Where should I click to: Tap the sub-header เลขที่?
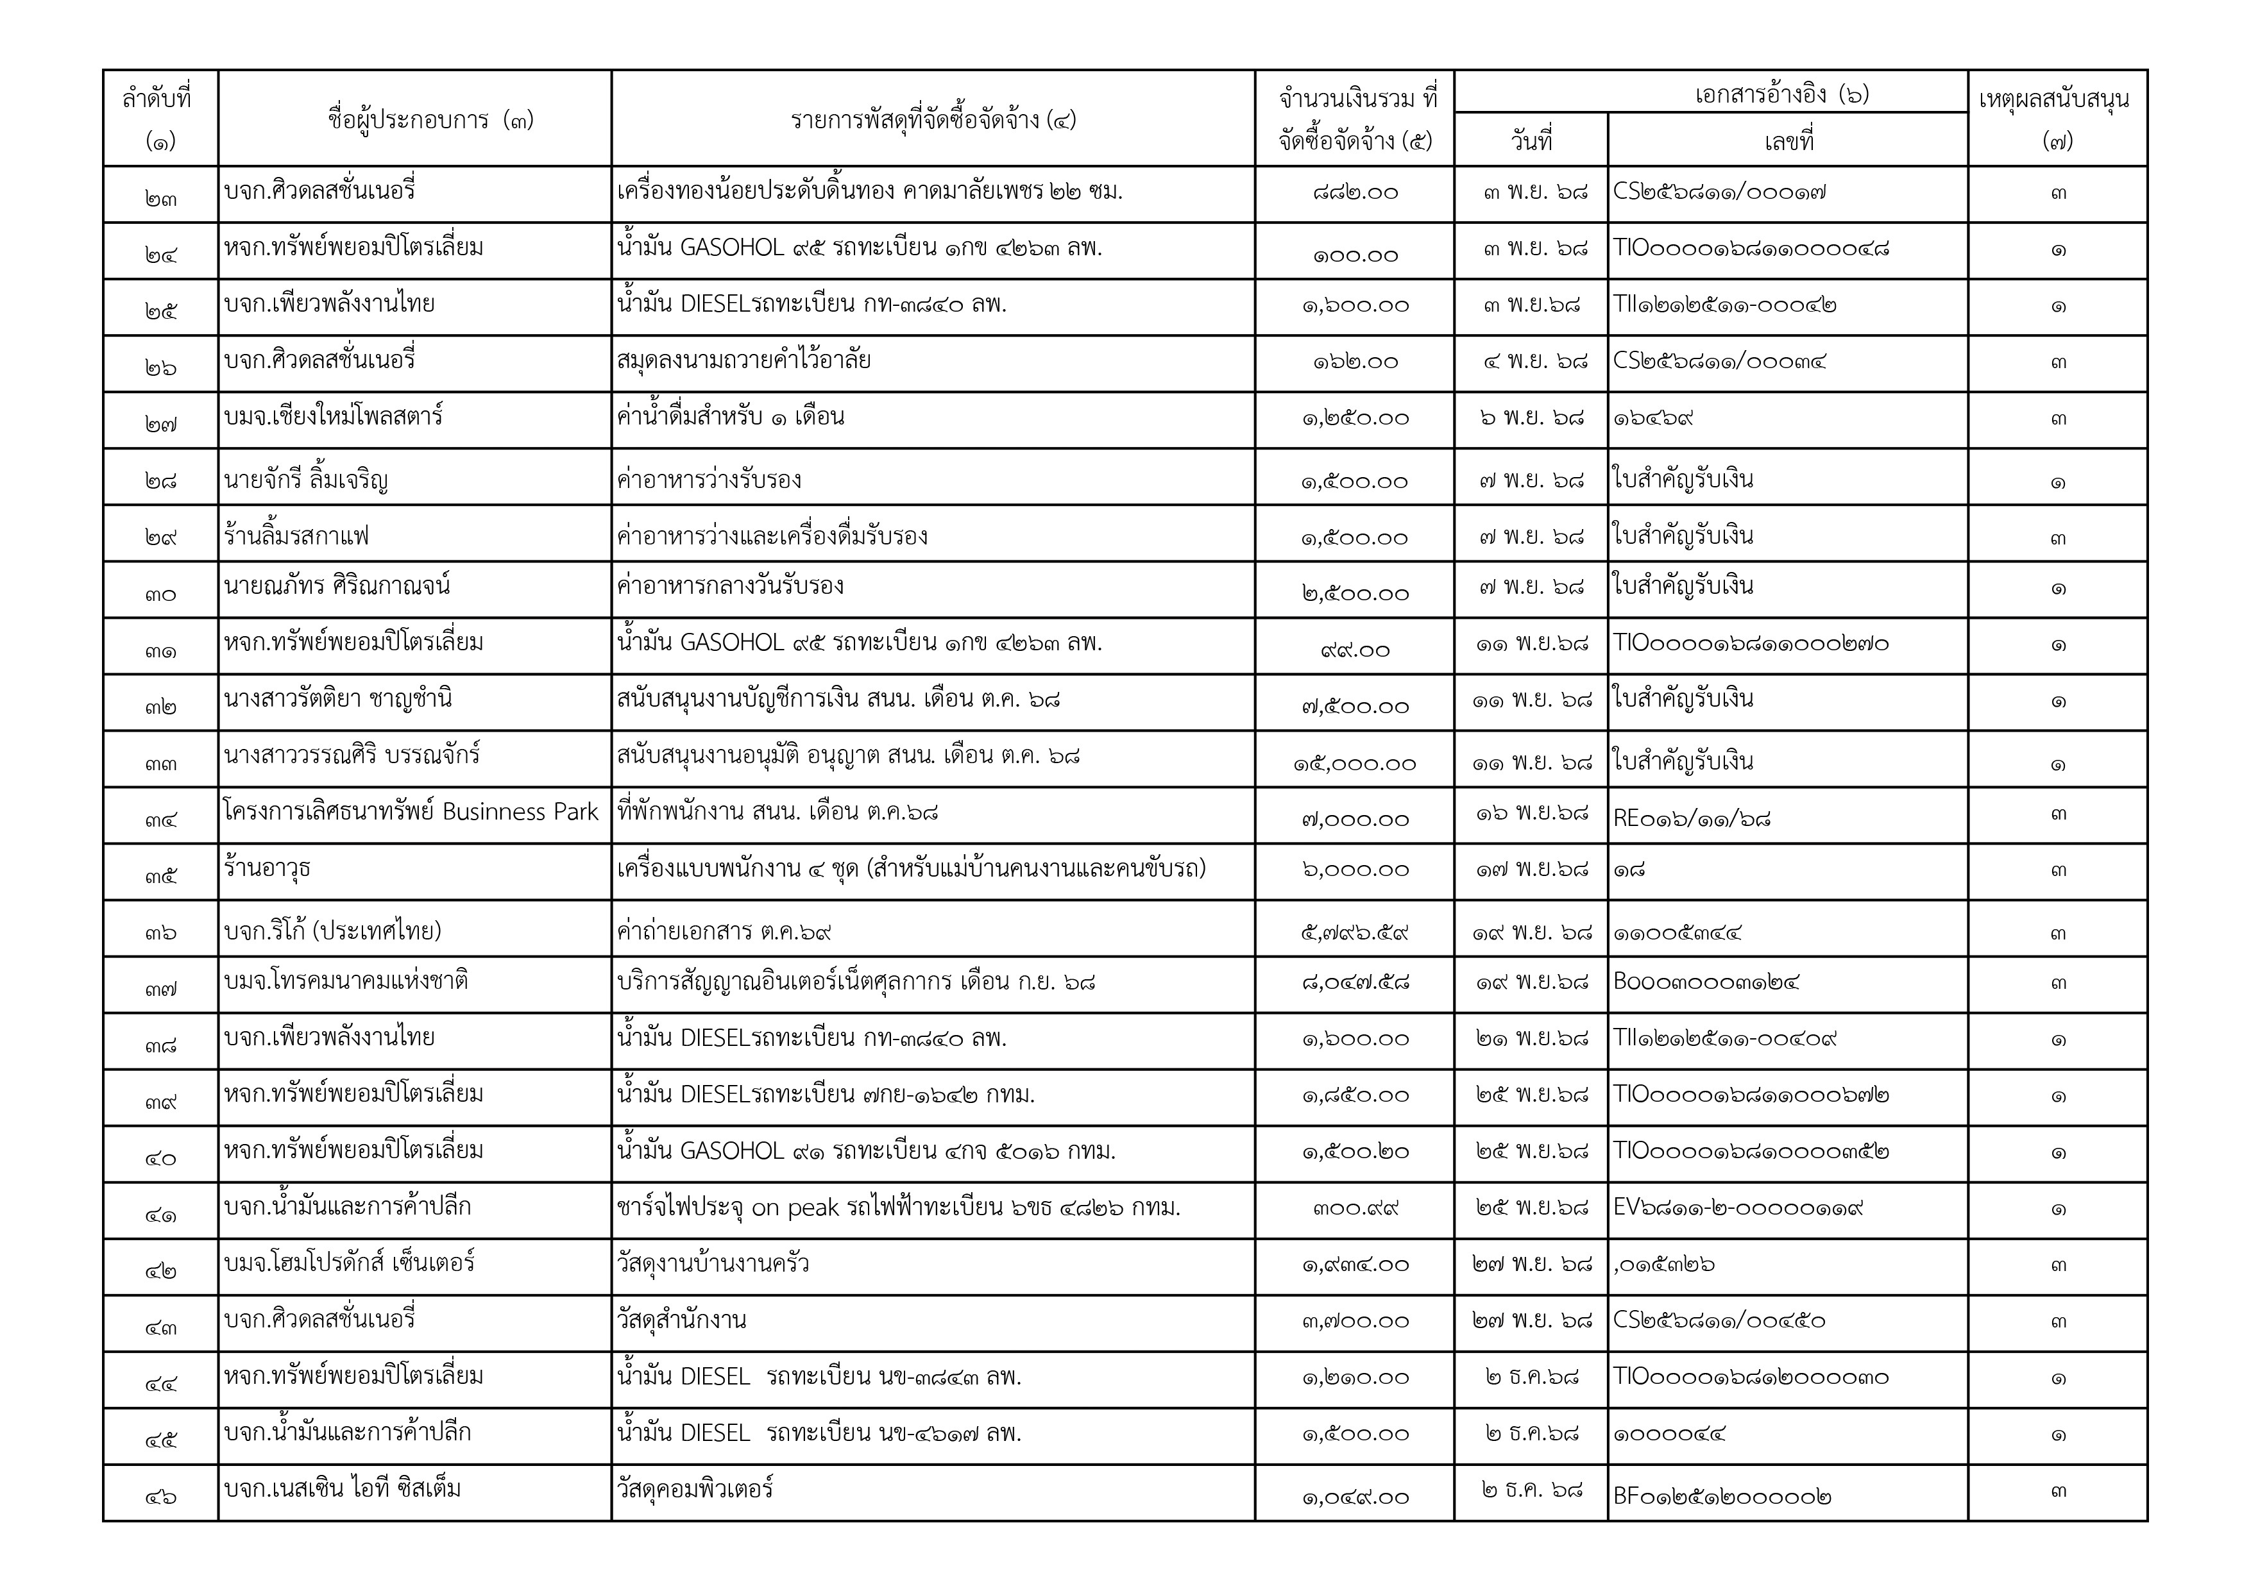1788,141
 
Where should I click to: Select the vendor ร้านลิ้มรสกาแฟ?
296,536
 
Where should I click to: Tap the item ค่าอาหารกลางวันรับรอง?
731,586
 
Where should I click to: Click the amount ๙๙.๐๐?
1354,650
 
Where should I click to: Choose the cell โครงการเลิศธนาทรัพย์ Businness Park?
411,812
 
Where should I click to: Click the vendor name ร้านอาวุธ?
268,868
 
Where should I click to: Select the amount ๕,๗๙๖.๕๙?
1354,931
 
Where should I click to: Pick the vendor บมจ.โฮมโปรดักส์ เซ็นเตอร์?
349,1263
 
